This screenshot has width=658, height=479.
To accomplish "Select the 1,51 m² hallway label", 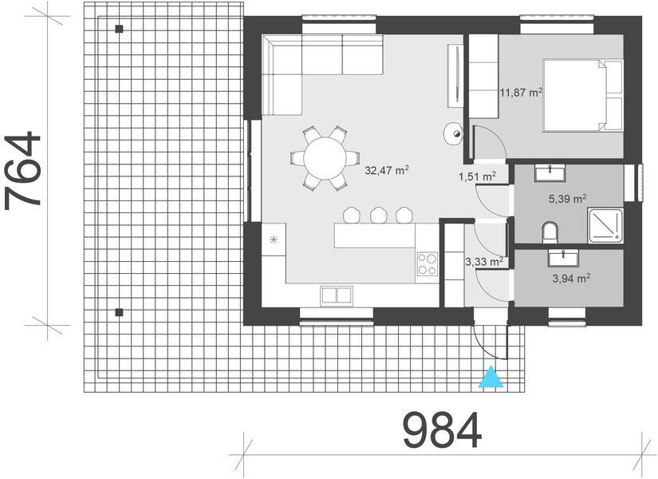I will [477, 176].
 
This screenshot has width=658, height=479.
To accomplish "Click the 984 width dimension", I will [442, 432].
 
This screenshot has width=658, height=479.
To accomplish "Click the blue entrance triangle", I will [493, 378].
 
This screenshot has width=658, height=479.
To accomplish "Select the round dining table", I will [325, 157].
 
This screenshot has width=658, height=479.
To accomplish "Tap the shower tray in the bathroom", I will [606, 224].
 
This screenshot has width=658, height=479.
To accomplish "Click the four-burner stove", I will [428, 264].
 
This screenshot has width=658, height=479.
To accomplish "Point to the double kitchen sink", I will [337, 295].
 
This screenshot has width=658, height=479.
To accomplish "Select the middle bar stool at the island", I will [377, 215].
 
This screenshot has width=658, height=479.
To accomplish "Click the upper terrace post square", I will [119, 30].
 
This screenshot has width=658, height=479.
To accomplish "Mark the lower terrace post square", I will [119, 312].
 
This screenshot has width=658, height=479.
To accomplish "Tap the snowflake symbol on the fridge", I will [274, 239].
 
